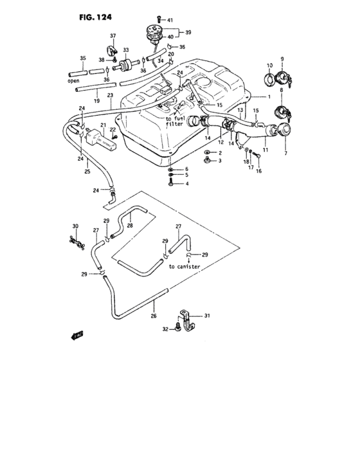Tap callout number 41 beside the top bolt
click(170, 21)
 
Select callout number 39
click(188, 32)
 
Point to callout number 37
click(113, 35)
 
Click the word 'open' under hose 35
click(73, 82)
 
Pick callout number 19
click(96, 101)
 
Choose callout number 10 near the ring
click(267, 64)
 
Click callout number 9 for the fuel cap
click(281, 59)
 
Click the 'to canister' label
click(184, 265)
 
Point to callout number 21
click(102, 125)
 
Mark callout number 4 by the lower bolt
click(186, 184)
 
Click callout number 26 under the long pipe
click(153, 316)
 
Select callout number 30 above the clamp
click(75, 226)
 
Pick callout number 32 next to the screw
click(165, 329)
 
